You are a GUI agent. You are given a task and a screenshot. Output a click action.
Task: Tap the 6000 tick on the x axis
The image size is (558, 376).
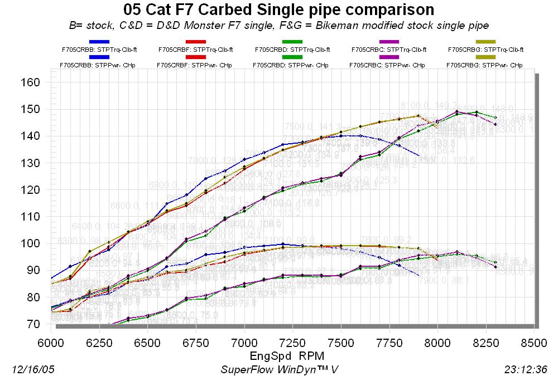pyautogui.click(x=51, y=340)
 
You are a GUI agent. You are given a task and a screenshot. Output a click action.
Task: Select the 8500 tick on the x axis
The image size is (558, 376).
pyautogui.click(x=535, y=340)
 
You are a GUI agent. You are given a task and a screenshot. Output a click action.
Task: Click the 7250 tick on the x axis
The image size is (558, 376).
pyautogui.click(x=293, y=340)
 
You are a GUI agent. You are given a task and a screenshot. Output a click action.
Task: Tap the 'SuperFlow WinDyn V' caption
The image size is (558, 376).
pyautogui.click(x=279, y=369)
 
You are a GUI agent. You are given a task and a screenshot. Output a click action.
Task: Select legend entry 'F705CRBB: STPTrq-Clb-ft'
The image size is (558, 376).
pyautogui.click(x=99, y=49)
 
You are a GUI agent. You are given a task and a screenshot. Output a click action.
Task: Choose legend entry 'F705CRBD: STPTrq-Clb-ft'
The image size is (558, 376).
pyautogui.click(x=292, y=49)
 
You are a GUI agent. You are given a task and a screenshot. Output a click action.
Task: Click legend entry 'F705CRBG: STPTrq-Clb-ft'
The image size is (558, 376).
pyautogui.click(x=485, y=49)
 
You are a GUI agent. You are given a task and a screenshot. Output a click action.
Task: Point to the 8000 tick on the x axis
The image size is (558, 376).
pyautogui.click(x=438, y=340)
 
